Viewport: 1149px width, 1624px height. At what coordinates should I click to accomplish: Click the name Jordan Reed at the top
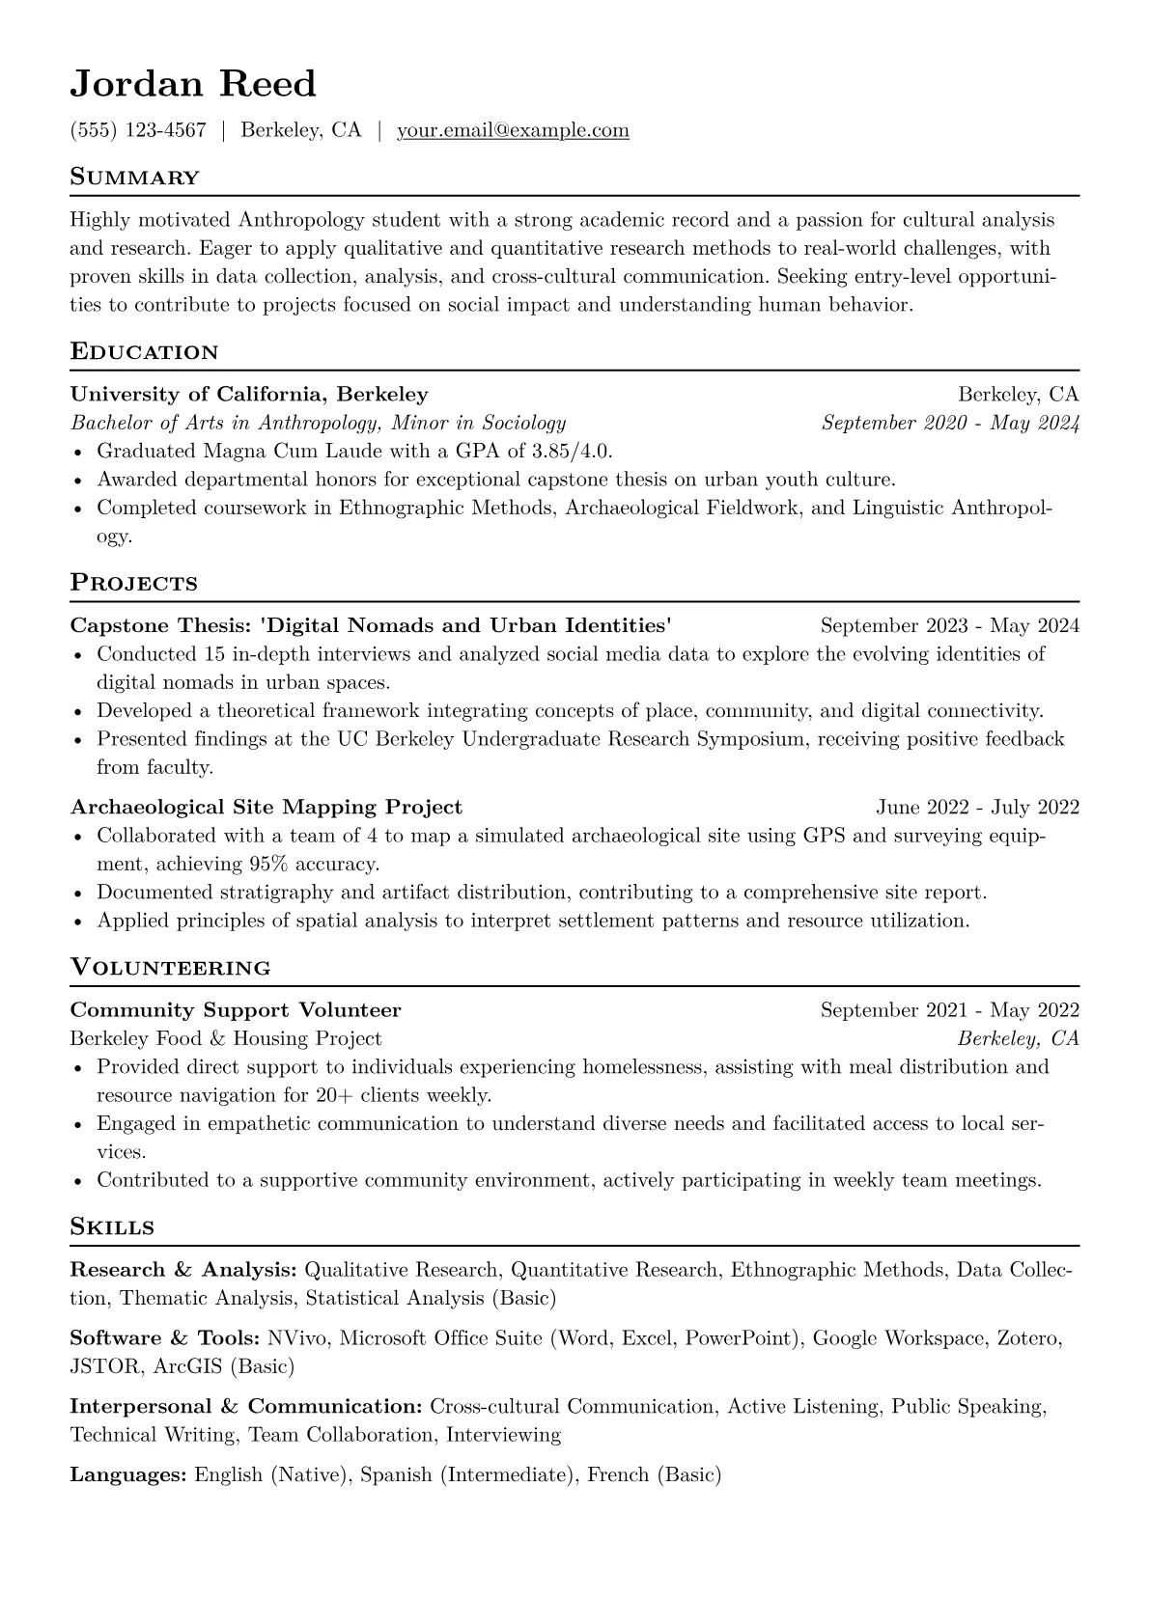pos(193,85)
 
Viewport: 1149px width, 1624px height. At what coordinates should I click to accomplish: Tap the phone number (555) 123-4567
pos(138,130)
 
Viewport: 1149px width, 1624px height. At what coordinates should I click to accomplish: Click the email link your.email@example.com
pos(513,130)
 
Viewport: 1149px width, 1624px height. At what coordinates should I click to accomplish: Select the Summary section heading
pos(134,178)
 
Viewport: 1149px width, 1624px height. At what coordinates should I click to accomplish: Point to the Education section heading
pos(144,352)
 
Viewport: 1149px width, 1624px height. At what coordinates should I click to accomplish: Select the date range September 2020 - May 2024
pos(950,423)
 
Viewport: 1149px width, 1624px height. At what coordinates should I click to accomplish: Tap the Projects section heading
pos(133,584)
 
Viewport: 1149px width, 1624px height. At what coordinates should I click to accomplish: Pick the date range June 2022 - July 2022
pos(977,807)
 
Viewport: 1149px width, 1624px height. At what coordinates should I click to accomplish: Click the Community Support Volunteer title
pos(236,1010)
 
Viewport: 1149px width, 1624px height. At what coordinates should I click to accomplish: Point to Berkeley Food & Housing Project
pos(226,1038)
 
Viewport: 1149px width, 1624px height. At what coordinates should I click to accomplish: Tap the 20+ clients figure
pos(359,1095)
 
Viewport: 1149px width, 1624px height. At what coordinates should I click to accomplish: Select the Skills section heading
pos(112,1227)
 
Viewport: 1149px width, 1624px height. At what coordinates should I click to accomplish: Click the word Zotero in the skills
pos(1029,1338)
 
